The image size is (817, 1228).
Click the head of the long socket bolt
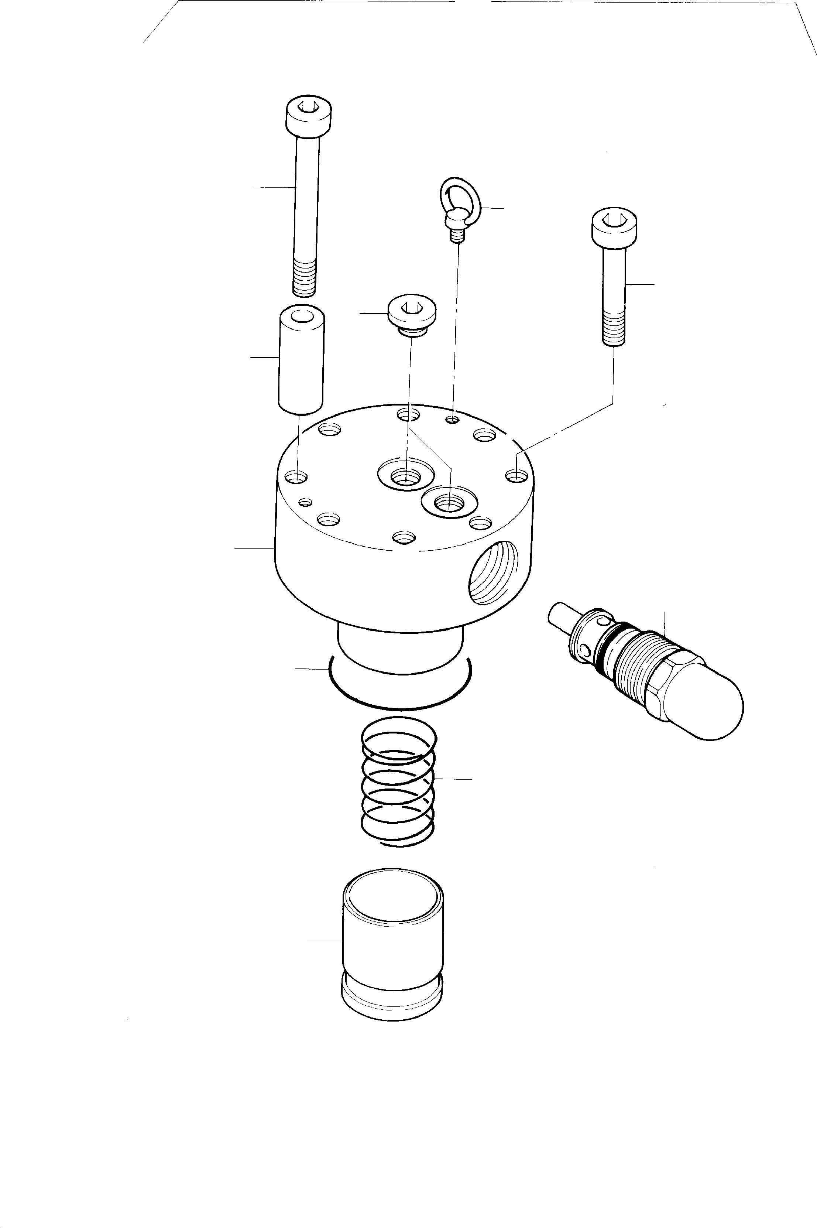coord(309,114)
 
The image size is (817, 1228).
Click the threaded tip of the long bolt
coord(304,278)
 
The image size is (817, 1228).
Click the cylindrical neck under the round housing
coord(400,649)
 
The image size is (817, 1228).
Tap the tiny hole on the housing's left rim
coord(306,502)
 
